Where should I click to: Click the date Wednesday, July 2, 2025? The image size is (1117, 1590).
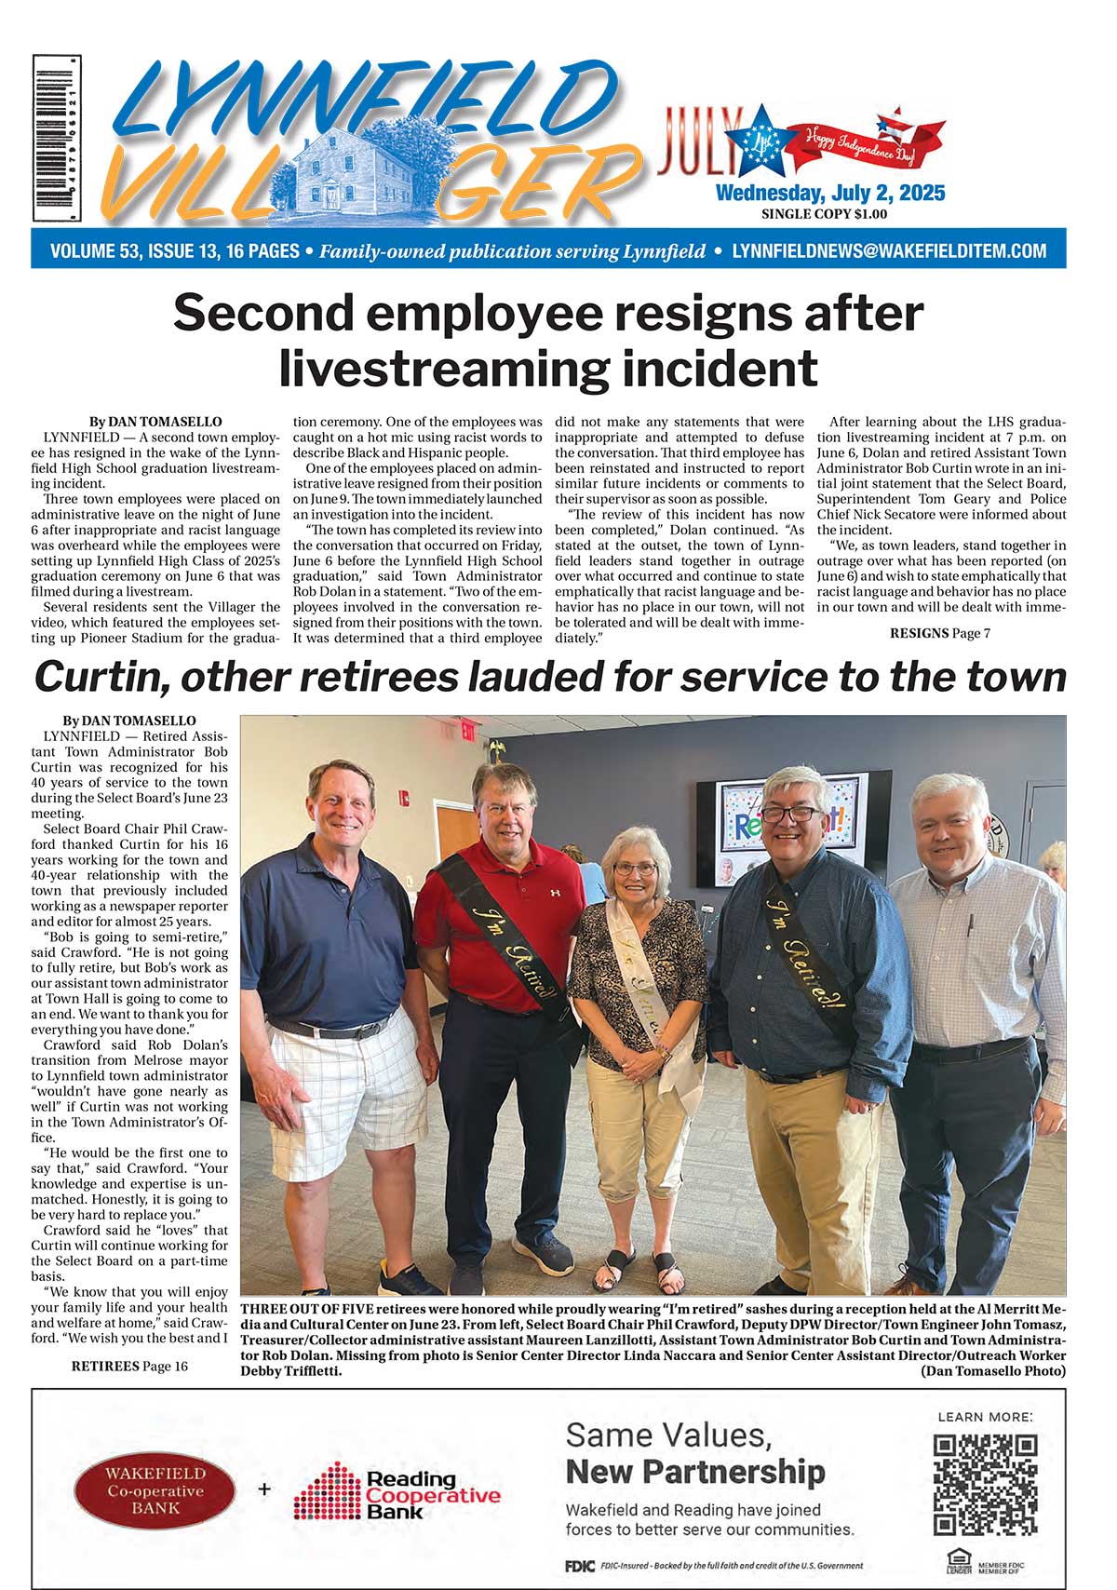pos(829,193)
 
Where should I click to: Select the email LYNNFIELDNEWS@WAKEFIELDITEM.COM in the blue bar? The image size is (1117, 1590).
pos(889,251)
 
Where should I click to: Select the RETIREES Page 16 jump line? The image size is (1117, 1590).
pos(129,1366)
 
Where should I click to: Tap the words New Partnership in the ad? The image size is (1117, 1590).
pos(694,1472)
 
